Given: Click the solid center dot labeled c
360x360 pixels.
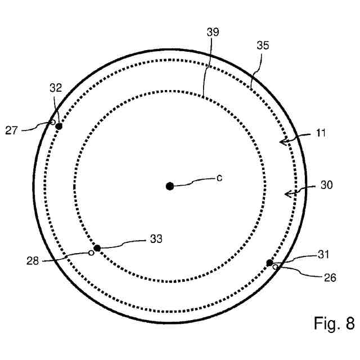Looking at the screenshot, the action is pos(170,186).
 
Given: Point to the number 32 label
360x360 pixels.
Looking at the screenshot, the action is pos(55,88).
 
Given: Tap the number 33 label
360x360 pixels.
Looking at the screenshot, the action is pos(156,239).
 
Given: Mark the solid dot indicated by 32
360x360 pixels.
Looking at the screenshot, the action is pos(58,126).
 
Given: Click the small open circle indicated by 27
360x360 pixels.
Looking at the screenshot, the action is pos(53,122).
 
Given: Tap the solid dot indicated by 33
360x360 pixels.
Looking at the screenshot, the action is pos(97,248).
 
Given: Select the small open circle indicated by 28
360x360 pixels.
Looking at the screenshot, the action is pos(91,253).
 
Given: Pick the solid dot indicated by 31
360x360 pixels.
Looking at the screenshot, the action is pos(269,263).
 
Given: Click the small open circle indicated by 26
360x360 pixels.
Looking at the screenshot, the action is pos(275,267).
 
